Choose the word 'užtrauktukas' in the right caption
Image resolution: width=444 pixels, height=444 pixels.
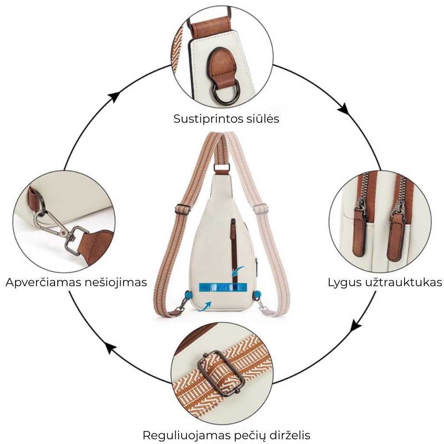click(403, 283)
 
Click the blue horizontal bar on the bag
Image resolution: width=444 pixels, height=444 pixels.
click(222, 287)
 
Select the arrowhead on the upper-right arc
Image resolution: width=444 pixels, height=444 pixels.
click(343, 108)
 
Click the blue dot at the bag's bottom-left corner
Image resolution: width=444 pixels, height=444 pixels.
click(188, 295)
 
